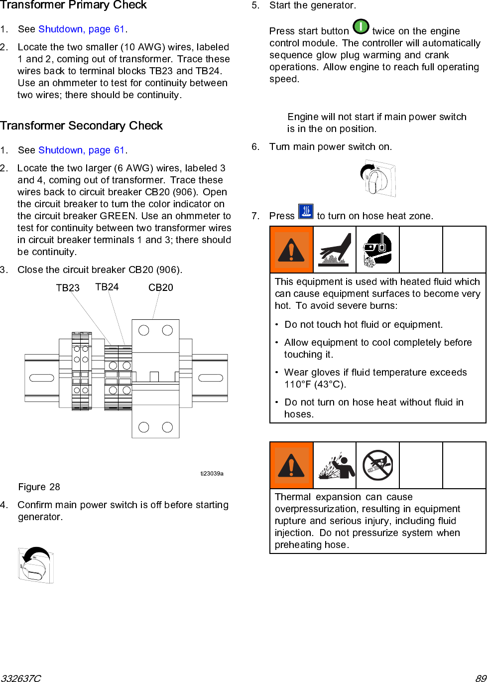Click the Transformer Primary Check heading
(73, 5)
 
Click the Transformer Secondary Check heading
(81, 126)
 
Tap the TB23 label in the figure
(68, 288)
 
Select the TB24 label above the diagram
(107, 287)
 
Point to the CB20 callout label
(160, 287)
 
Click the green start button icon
(361, 27)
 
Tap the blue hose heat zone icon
(306, 212)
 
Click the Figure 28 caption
(39, 487)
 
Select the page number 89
(481, 678)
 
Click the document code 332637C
(20, 678)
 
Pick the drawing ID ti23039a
(212, 473)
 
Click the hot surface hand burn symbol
(334, 249)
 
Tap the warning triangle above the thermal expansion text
(291, 465)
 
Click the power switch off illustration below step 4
(36, 565)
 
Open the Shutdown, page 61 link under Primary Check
(82, 29)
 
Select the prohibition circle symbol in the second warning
(377, 465)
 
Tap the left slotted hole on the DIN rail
(42, 378)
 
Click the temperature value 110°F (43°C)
(315, 384)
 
